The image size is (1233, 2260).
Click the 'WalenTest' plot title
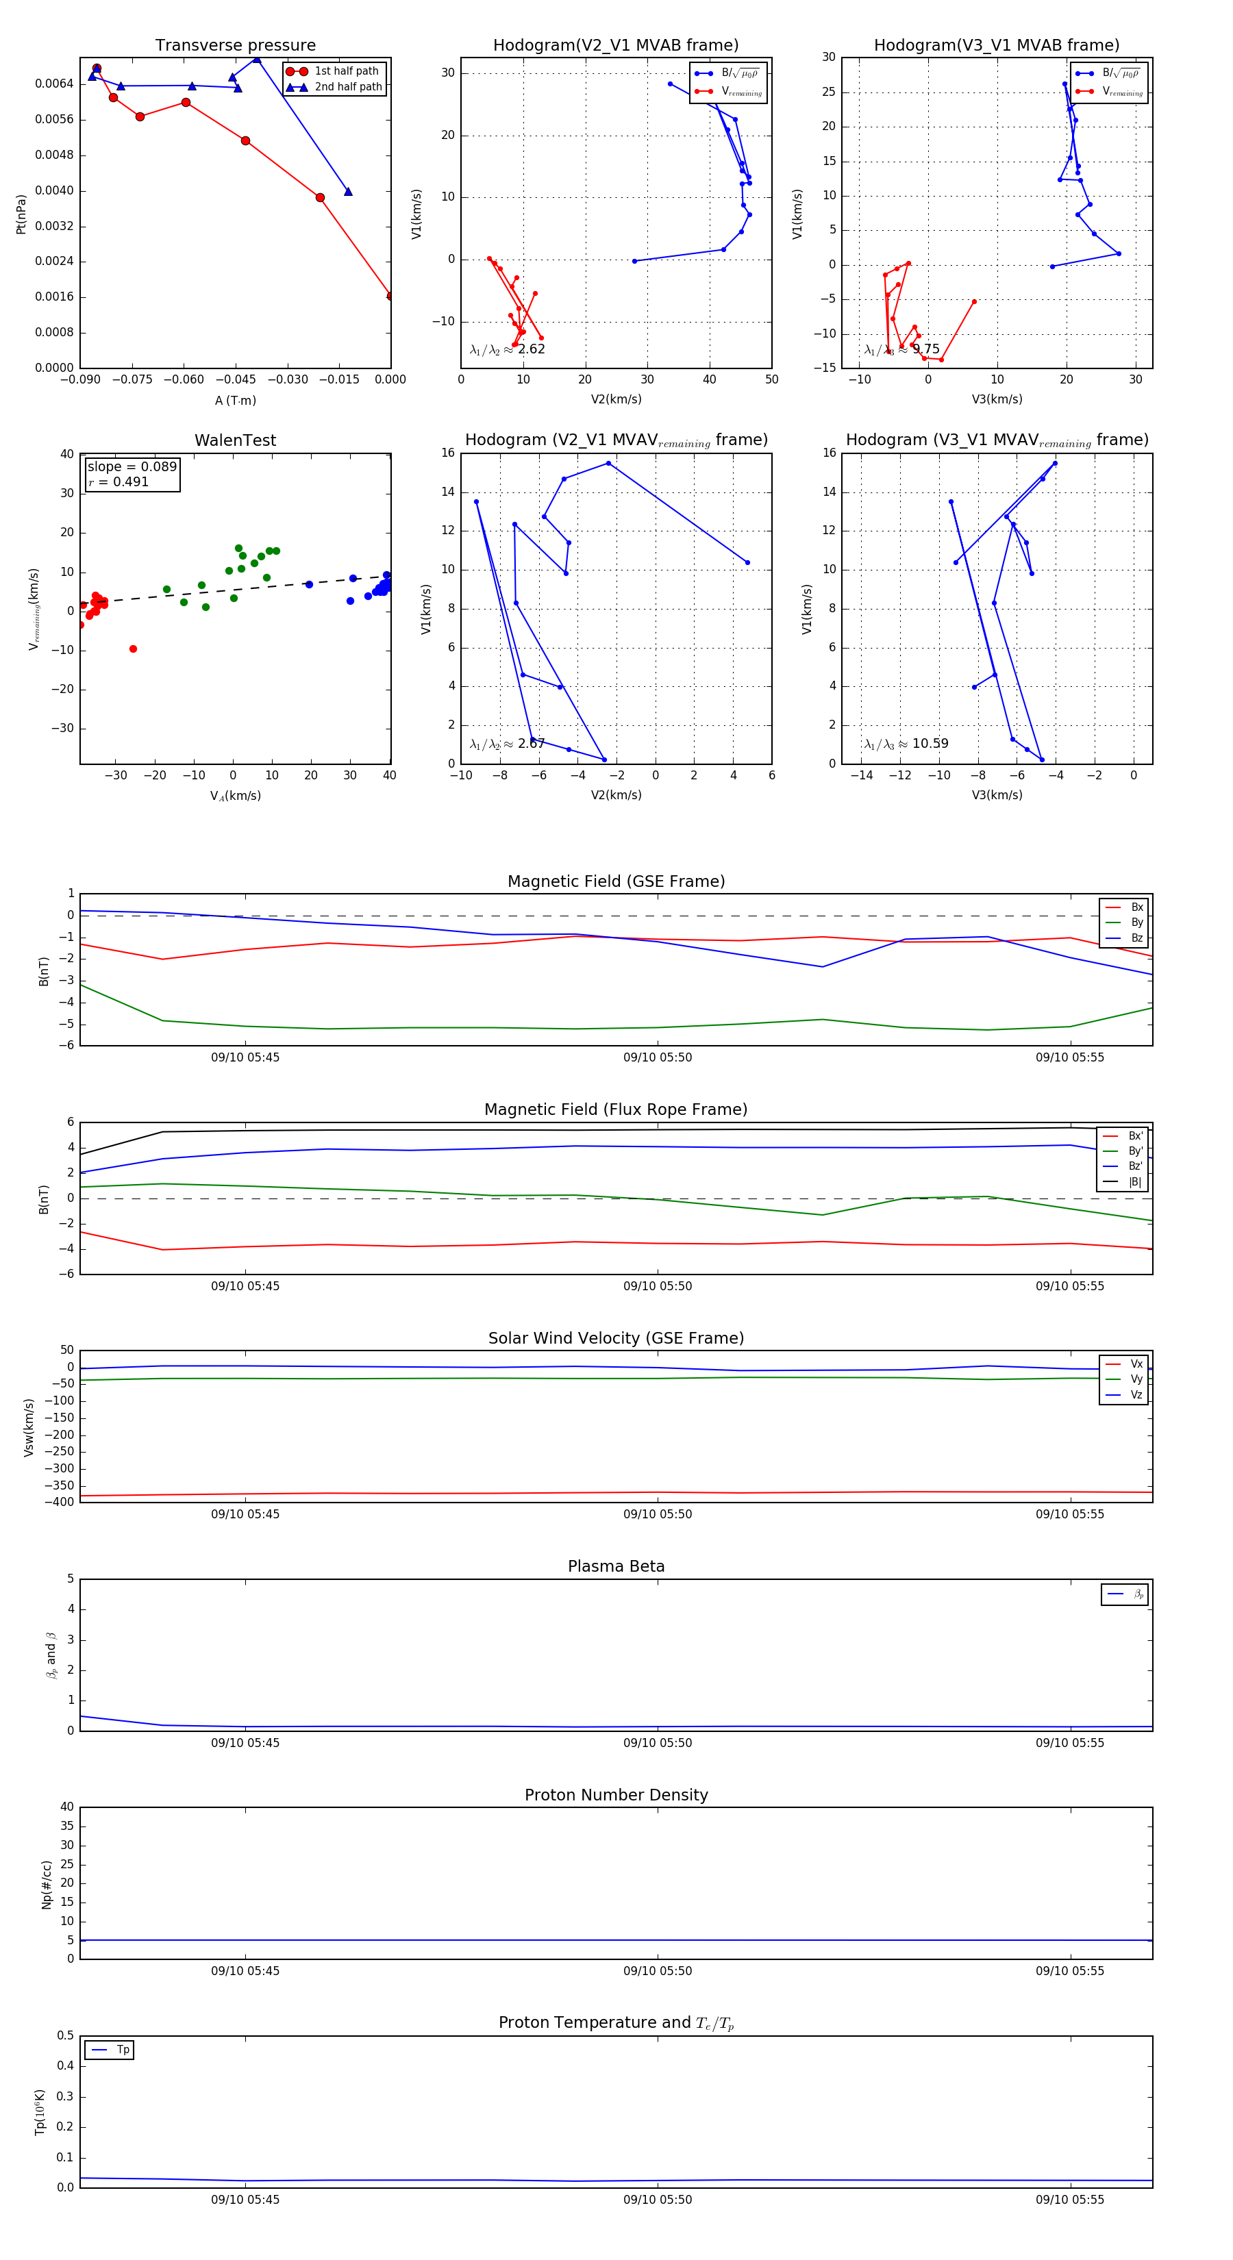click(x=235, y=440)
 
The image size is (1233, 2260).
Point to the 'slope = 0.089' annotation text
click(x=132, y=467)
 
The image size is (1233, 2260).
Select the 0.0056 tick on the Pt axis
click(x=54, y=119)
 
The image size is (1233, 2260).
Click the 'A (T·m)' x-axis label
click(x=235, y=401)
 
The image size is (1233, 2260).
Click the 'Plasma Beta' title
click(x=616, y=1567)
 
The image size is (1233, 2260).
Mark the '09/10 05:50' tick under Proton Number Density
click(x=658, y=1972)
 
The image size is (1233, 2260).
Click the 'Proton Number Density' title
click(x=616, y=1795)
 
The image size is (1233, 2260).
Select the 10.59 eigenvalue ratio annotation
click(x=930, y=744)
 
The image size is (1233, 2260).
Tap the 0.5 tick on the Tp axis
click(x=65, y=2035)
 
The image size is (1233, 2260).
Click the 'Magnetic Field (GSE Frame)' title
click(x=616, y=881)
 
